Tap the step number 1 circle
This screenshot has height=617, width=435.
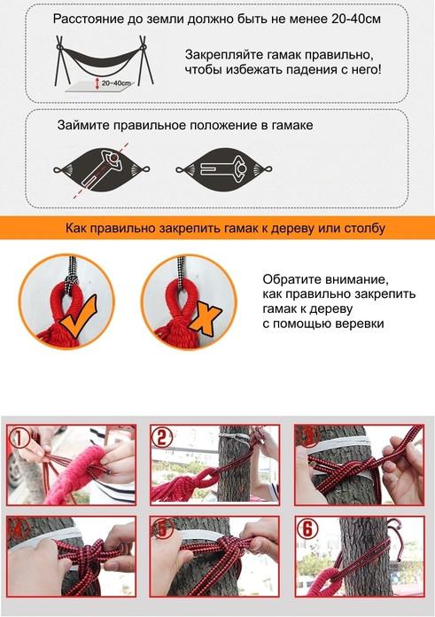pos(19,438)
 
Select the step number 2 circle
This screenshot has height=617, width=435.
pos(162,437)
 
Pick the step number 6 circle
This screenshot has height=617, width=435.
pos(307,528)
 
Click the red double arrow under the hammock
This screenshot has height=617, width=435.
pos(97,83)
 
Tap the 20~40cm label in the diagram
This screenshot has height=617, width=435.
pos(116,83)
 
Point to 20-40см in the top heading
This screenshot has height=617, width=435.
pos(356,19)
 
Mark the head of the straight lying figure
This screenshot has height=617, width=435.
pos(242,169)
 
